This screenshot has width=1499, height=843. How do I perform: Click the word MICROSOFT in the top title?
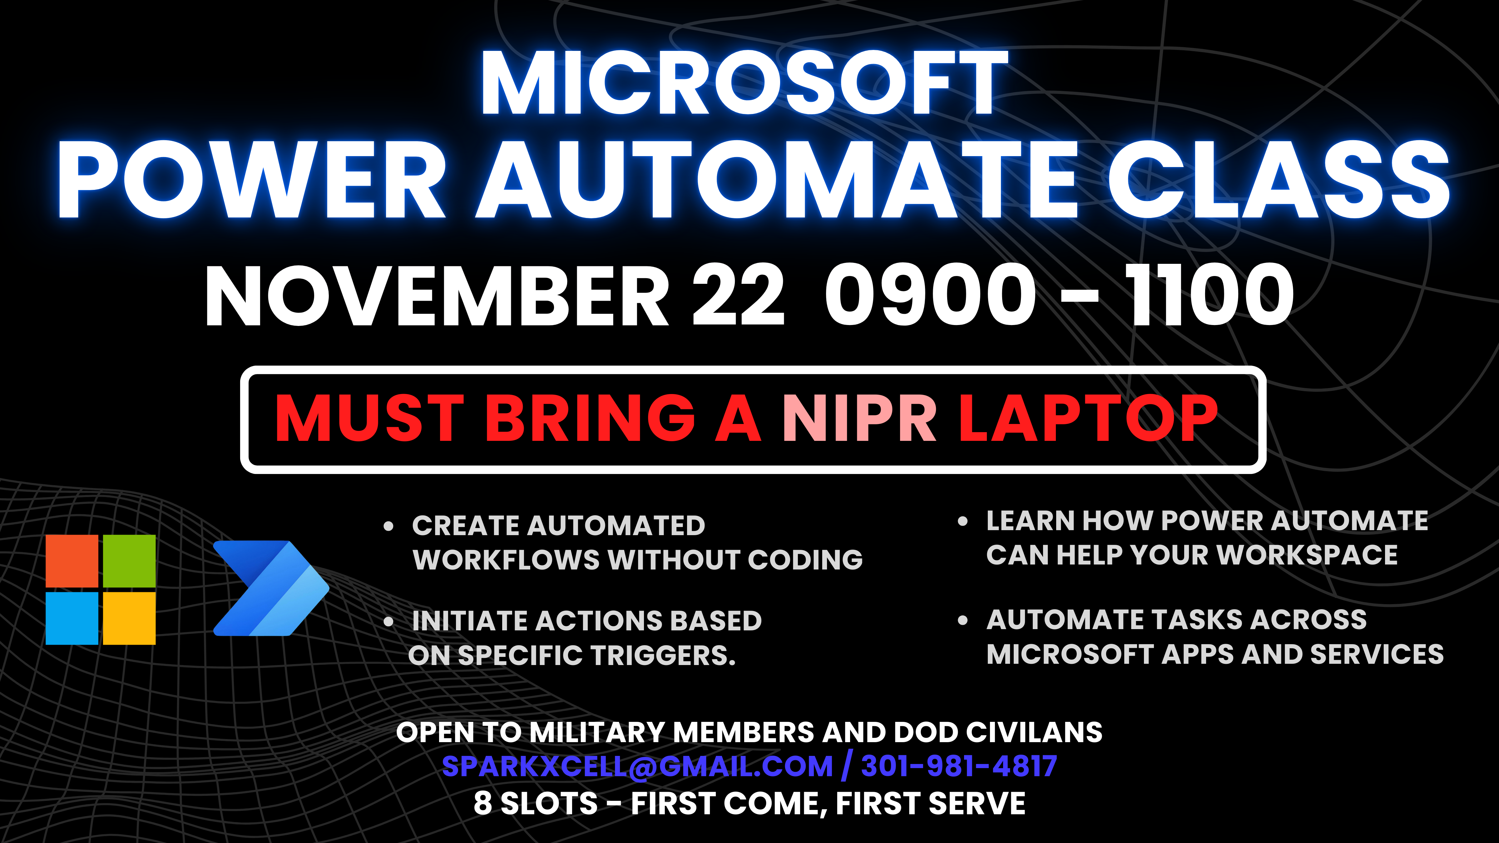744,83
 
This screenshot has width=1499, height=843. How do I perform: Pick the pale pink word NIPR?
859,418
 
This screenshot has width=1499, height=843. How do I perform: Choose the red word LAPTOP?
1088,418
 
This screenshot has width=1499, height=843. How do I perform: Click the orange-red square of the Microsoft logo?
72,561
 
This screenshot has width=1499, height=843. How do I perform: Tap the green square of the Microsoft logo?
129,561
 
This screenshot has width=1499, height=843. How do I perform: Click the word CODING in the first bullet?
805,560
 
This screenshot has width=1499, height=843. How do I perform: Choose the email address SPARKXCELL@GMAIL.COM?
637,766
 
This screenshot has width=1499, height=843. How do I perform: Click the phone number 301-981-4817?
959,766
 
